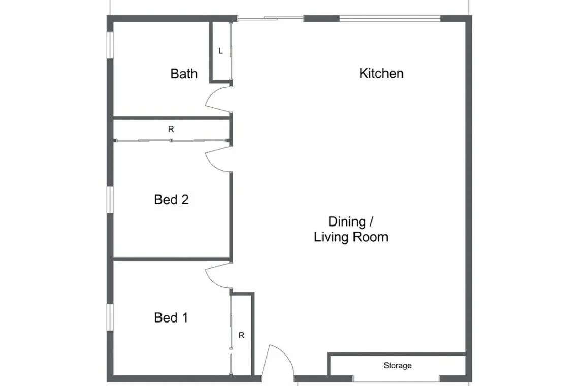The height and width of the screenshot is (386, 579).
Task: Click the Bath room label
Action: tap(184, 74)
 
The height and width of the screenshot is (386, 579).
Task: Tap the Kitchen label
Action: tap(381, 73)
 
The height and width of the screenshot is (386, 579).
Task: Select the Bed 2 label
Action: tap(171, 200)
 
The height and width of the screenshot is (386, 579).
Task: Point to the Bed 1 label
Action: tap(171, 317)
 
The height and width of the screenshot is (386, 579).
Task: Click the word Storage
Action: tap(397, 365)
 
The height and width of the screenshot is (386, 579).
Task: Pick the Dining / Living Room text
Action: tap(351, 229)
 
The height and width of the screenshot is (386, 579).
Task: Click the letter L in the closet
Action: tap(220, 51)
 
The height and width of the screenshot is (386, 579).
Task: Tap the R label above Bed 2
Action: tap(171, 130)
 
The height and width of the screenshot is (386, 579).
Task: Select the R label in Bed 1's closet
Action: tap(241, 335)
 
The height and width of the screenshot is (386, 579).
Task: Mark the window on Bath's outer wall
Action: tap(110, 45)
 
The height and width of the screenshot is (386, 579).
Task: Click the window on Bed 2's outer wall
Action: tap(110, 200)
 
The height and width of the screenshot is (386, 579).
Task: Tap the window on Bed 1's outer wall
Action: tap(110, 317)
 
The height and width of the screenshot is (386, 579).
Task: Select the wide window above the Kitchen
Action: tap(390, 18)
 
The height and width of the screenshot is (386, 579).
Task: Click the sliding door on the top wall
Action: tap(270, 18)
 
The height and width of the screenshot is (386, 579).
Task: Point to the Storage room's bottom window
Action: tap(396, 379)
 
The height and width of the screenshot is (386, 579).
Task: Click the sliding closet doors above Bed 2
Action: tap(171, 140)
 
